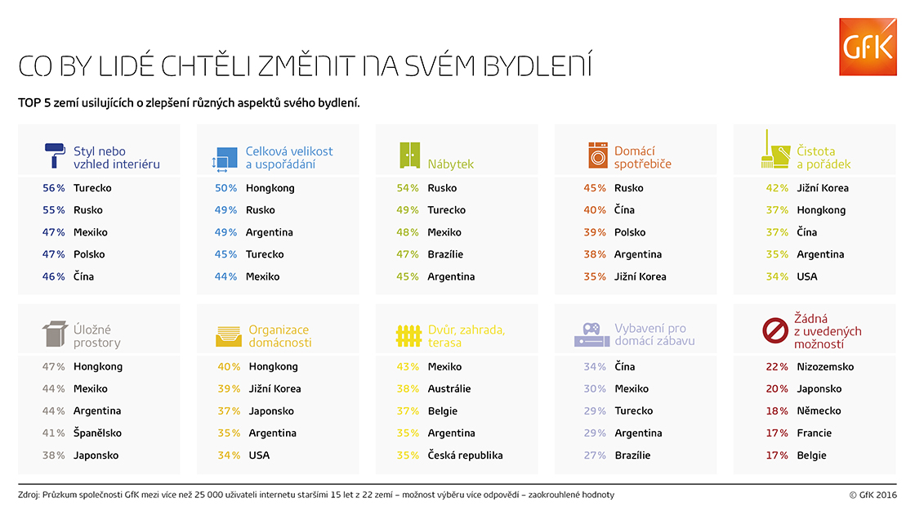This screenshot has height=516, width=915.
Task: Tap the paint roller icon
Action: click(56, 156)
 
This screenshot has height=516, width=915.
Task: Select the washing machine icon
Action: click(598, 155)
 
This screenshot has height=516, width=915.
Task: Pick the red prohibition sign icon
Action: click(774, 331)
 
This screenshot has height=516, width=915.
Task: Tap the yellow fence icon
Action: click(408, 335)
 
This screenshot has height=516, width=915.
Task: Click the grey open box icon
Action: click(55, 334)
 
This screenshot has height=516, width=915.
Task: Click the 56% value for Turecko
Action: click(54, 188)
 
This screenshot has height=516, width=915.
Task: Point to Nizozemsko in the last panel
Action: click(825, 366)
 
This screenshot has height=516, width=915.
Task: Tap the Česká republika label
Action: click(465, 455)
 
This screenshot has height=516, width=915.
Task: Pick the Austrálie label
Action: click(449, 389)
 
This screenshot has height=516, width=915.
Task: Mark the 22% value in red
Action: click(777, 366)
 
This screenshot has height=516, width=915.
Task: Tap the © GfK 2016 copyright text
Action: click(873, 495)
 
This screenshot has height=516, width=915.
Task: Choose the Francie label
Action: click(815, 433)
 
